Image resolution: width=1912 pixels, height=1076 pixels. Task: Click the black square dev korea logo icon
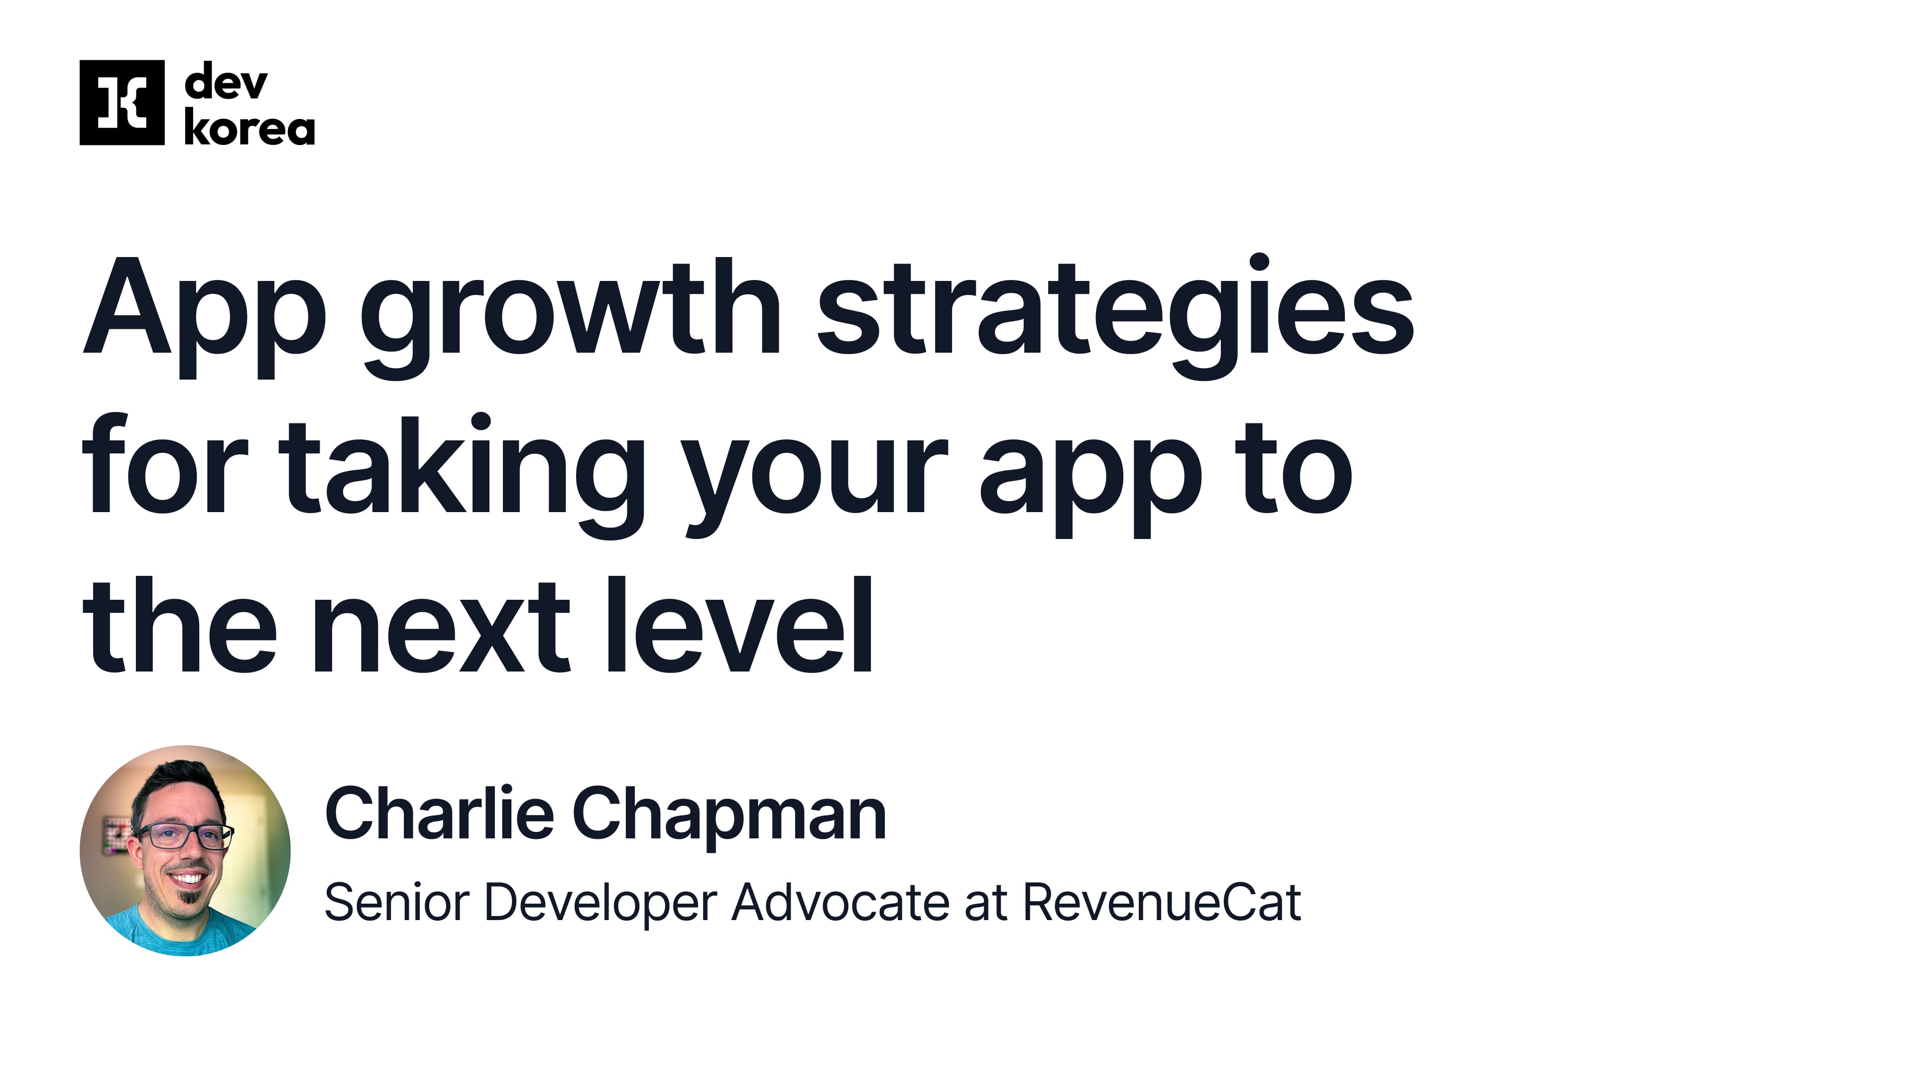121,103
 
